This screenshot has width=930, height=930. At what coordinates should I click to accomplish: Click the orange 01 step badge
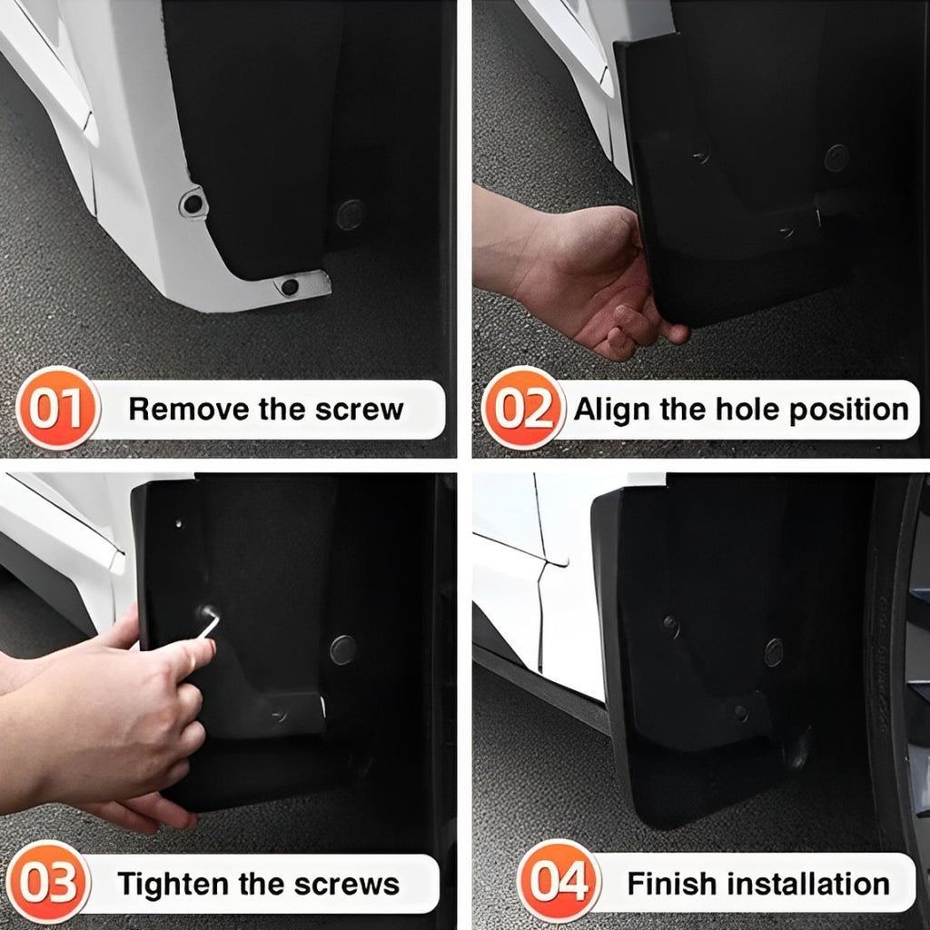[58, 409]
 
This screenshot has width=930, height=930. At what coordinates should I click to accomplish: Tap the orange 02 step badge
[523, 409]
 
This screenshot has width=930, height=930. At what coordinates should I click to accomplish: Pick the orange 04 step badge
[559, 882]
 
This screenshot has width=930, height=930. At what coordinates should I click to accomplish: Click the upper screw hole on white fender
[193, 203]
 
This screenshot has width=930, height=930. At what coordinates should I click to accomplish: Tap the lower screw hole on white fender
[290, 286]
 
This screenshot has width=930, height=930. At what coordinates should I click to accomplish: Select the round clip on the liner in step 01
[351, 214]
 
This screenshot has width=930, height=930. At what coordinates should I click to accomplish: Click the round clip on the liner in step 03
[342, 648]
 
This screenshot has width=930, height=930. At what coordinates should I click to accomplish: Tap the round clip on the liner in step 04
[773, 650]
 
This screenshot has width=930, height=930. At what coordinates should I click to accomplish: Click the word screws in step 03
[354, 884]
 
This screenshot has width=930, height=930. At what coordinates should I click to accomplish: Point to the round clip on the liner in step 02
[836, 158]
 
